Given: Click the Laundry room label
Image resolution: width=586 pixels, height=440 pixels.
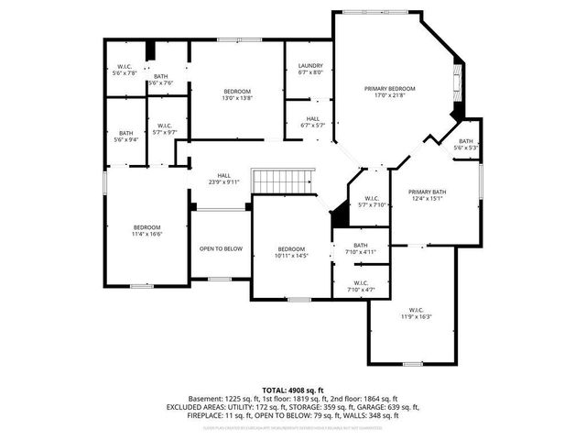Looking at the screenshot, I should coord(310,69).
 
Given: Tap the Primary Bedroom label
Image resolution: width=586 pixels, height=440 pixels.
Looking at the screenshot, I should coord(390,92).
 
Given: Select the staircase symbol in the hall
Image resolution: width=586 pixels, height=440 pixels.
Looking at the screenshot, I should coord(270,181).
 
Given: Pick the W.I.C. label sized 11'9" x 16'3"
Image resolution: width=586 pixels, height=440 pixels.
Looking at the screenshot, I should coord(416,313).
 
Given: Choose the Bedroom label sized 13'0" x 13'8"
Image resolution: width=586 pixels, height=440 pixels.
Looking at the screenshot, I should coord(237,94).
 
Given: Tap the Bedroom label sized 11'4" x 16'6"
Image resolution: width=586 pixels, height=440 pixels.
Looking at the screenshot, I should coord(147,231).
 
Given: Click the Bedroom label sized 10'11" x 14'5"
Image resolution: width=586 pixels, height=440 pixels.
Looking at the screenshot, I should coord(292,253).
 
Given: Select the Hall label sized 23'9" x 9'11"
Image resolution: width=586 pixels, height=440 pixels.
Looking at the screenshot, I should coord(223,179).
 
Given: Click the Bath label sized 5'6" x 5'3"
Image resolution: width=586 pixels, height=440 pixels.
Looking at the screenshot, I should coord(466,144).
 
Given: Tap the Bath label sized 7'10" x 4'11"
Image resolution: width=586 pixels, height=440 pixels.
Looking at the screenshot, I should coord(361,248).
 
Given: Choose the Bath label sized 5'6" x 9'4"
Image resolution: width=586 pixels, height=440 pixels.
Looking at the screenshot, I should coord(125,136).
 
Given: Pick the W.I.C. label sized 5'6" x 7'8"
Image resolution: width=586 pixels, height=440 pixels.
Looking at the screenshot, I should coord(125,69).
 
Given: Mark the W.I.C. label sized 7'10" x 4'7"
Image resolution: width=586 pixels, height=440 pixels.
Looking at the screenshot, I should coord(361,286).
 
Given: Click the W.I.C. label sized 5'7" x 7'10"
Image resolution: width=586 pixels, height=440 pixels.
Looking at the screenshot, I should coord(372,202).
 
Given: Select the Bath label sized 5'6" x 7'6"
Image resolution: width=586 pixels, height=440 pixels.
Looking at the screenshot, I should coord(161,79).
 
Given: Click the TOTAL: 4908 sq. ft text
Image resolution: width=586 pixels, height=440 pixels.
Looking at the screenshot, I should coord(292,390).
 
